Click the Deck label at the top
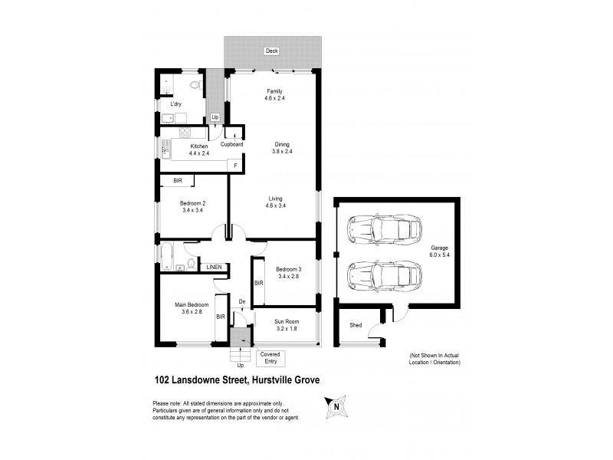(x=270, y=51)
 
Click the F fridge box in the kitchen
(x=235, y=166)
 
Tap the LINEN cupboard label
(x=215, y=267)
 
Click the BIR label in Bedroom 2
(x=177, y=181)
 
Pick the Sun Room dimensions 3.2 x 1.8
(x=287, y=329)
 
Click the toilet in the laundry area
(x=195, y=84)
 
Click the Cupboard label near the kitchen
(x=231, y=144)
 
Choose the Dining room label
(x=283, y=143)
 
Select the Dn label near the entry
(x=241, y=301)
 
